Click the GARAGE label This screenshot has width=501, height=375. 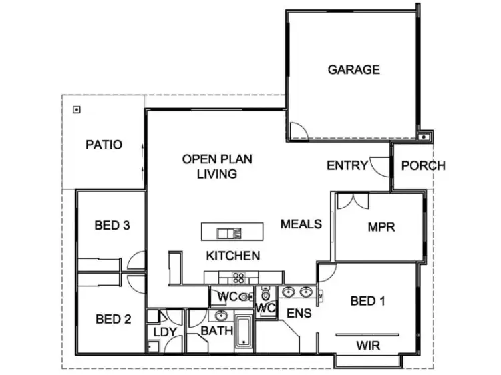coord(353,69)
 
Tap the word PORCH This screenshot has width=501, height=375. coord(424,165)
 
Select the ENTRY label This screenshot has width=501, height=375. coord(347,165)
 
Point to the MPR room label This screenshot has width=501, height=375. coord(381,227)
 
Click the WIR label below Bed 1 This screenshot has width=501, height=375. coord(368,346)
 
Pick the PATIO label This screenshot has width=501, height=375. coord(104,144)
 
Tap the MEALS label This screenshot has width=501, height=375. coord(301,224)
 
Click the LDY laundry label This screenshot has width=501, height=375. coord(164,331)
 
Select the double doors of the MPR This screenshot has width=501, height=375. coord(352,201)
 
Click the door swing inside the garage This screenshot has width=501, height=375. coord(298,131)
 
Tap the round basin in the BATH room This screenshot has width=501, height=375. coord(221,316)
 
